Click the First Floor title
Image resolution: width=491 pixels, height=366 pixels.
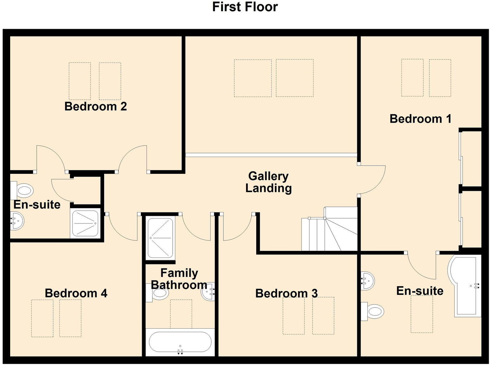coord(245,7)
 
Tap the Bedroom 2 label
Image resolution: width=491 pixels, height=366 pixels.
coord(96,107)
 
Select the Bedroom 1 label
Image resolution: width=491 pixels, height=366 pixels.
coord(420,119)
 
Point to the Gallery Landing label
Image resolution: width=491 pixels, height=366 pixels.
coord(268,182)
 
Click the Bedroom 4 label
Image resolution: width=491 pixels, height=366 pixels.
coord(76,293)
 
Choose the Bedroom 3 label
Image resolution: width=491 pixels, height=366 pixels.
coord(286,294)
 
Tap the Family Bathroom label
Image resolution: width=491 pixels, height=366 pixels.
coord(179,279)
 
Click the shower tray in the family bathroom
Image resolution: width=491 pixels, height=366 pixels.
coord(160,238)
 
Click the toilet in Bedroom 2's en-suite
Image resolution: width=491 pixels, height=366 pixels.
coord(23,191)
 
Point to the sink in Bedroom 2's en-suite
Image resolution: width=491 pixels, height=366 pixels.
coord(16,220)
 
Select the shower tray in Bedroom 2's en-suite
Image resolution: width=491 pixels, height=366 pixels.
coord(85,223)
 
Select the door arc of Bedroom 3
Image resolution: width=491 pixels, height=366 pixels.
coord(237,229)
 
